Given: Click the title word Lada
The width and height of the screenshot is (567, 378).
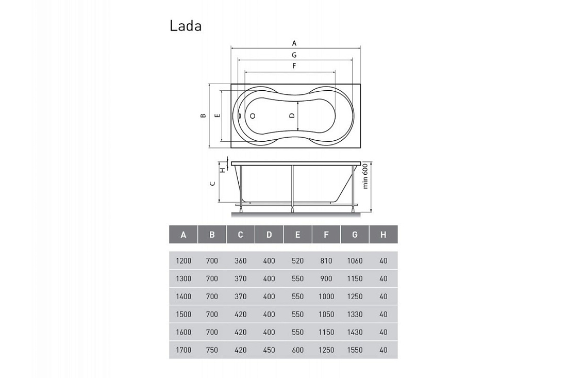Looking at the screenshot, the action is [186, 26].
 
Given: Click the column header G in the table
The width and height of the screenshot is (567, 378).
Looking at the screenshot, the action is [355, 235].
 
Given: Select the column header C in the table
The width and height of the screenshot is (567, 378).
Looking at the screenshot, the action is [241, 235].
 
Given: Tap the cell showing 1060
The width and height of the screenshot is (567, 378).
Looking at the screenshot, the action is [355, 261].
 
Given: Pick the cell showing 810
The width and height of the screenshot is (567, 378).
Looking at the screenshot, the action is [326, 261].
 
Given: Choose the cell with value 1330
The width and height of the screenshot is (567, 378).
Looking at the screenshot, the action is [355, 315].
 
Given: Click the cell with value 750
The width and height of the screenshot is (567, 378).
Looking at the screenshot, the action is [212, 350].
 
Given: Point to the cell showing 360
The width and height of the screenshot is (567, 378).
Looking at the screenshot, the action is [241, 261].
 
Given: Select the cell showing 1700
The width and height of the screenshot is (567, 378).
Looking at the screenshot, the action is [184, 350].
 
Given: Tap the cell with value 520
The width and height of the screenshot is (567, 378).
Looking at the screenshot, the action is [297, 261].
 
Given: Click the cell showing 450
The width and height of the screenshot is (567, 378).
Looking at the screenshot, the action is [269, 350].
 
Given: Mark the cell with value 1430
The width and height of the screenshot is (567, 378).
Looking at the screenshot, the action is [355, 332].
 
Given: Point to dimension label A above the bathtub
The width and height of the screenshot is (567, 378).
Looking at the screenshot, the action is [294, 43].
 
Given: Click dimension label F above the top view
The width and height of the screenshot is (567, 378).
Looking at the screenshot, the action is [294, 66].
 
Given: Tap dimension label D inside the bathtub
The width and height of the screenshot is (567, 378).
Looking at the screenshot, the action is [292, 116].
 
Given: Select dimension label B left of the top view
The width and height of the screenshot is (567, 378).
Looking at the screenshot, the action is [203, 116].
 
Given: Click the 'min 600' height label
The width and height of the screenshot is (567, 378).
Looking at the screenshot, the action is [365, 176].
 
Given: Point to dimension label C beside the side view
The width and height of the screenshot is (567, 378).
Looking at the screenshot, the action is [213, 184].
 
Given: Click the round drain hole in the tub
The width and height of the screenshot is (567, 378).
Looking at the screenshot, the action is [253, 116].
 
